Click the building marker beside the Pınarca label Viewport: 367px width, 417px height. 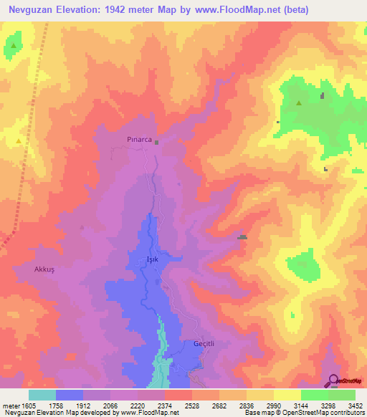156,142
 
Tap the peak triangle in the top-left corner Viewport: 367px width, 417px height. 13,47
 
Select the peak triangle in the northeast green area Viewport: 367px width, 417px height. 299,103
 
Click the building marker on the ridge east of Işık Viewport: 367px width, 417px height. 243,237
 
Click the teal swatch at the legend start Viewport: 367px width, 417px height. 42,395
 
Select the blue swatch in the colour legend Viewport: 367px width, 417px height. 69,395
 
